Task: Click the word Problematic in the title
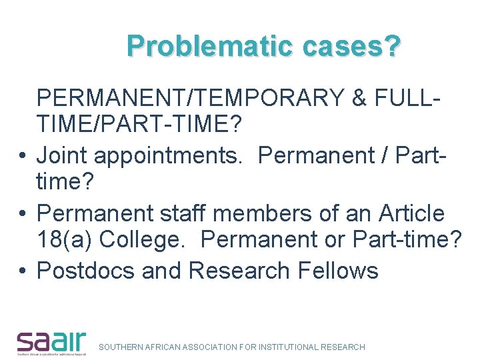coord(210,46)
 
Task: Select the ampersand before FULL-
coord(358,98)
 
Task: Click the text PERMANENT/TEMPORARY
coord(190,98)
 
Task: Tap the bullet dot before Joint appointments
coord(23,156)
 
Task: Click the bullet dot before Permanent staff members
coord(23,214)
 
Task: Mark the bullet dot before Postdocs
coord(23,271)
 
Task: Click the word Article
coord(411,213)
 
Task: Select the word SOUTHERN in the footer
coord(121,347)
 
